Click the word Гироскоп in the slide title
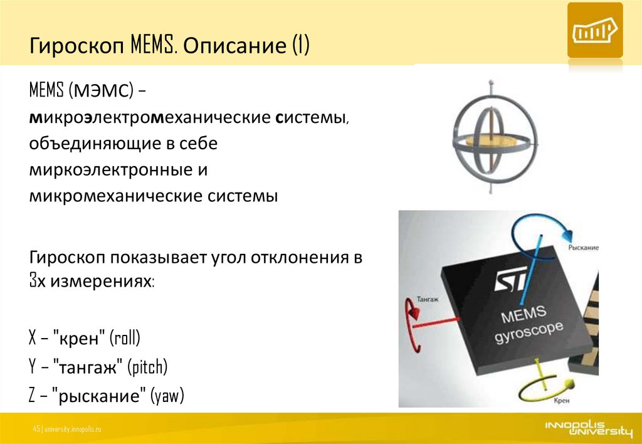coord(76,46)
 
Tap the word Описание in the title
coord(234,45)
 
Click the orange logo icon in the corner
coord(594,30)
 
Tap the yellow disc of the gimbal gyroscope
coord(495,141)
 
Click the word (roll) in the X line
coord(125,339)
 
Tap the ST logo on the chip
coord(510,279)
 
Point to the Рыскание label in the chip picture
coord(584,248)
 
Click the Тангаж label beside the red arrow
coord(428,299)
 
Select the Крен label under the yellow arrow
coord(561,401)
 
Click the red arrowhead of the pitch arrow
coord(414,314)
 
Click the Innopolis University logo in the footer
coord(588,428)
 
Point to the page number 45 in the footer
coord(36,429)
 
